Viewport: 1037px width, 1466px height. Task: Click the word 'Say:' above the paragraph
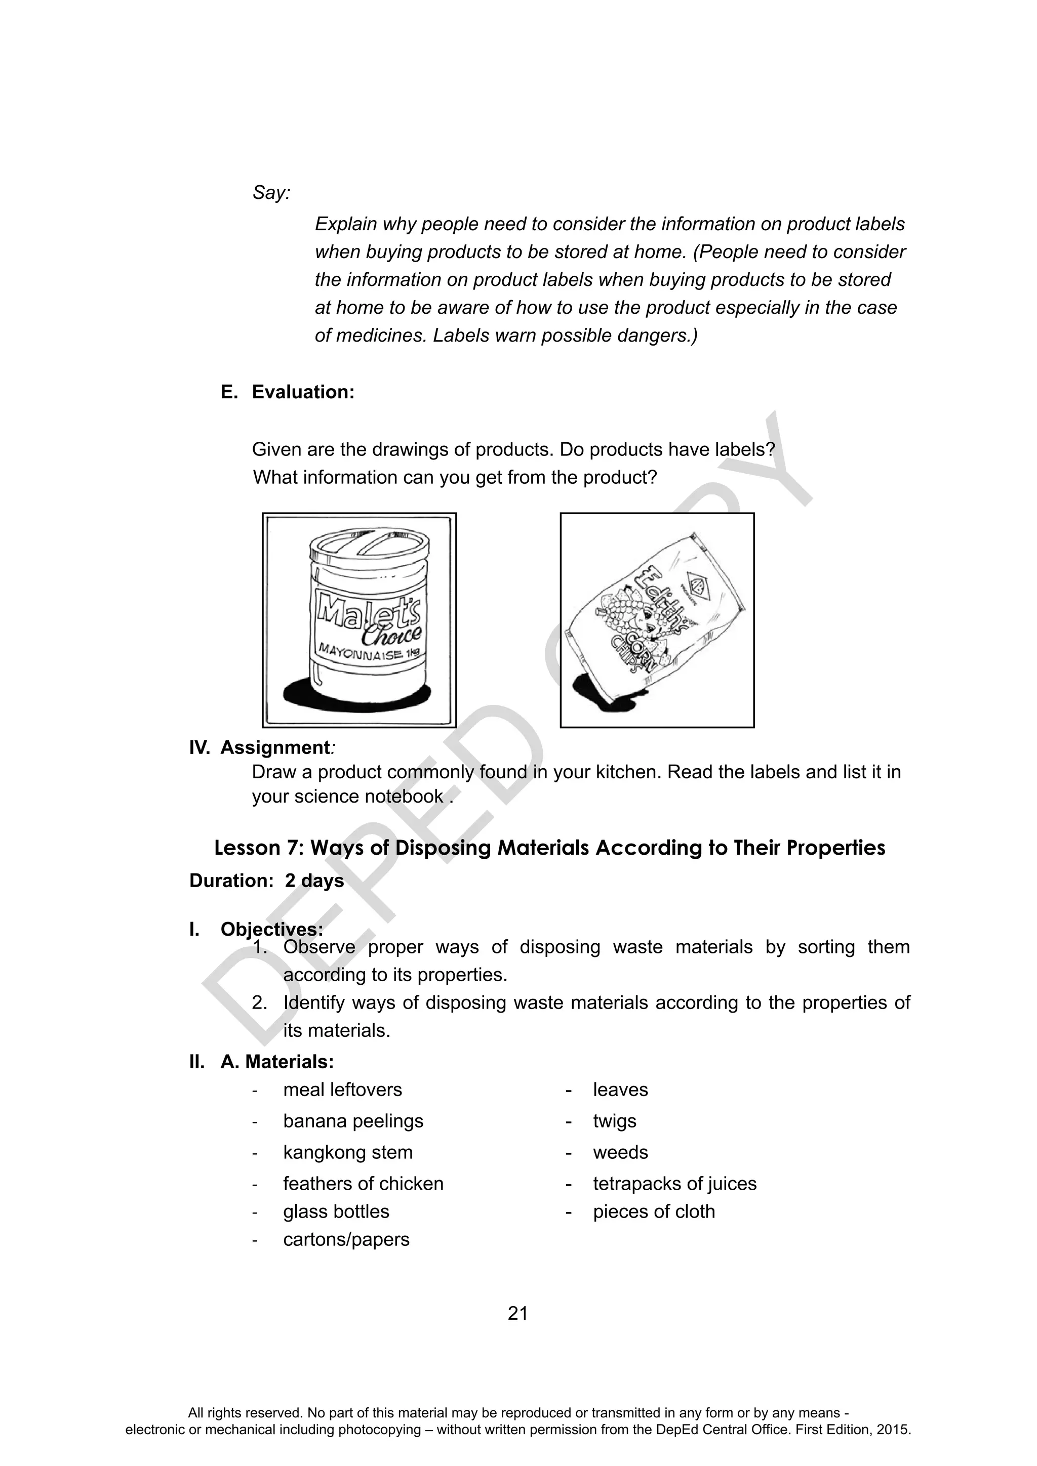[271, 192]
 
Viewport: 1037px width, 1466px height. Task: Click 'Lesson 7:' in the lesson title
[259, 848]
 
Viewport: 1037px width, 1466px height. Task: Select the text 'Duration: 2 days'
[266, 881]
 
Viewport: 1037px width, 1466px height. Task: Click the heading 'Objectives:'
[271, 929]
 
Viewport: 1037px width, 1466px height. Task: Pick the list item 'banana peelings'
[353, 1121]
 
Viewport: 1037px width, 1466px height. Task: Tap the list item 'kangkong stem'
[347, 1152]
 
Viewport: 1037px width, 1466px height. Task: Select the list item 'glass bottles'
[336, 1211]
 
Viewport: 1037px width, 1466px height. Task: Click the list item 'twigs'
[614, 1121]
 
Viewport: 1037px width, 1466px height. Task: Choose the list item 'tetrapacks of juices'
[674, 1183]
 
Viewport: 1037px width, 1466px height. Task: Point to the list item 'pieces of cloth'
[654, 1211]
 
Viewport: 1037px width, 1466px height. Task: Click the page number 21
[517, 1313]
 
